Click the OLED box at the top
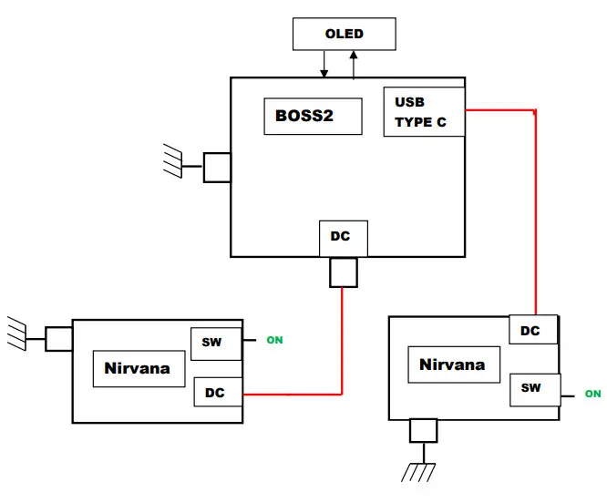(x=344, y=35)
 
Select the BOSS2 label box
(x=311, y=117)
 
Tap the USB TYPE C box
(x=424, y=112)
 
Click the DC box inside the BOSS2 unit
(x=343, y=237)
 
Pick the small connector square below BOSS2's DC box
(x=343, y=272)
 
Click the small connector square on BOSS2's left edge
(x=217, y=167)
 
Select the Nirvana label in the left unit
(x=139, y=369)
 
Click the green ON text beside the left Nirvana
(x=274, y=341)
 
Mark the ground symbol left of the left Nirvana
(x=15, y=333)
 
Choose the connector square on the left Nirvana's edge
(x=58, y=339)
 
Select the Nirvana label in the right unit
(x=452, y=364)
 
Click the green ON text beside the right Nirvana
(x=592, y=394)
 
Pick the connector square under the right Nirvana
(x=423, y=430)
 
